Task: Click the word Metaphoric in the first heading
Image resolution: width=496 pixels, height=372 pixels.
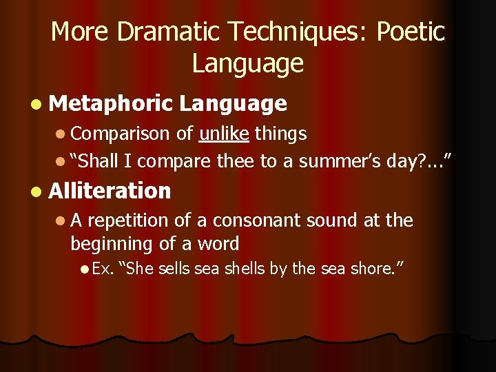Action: [x=110, y=103]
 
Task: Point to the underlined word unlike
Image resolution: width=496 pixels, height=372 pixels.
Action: [x=224, y=133]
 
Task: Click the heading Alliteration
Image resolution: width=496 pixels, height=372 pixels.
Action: [x=110, y=190]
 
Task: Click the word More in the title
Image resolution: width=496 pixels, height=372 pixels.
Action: [x=75, y=32]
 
